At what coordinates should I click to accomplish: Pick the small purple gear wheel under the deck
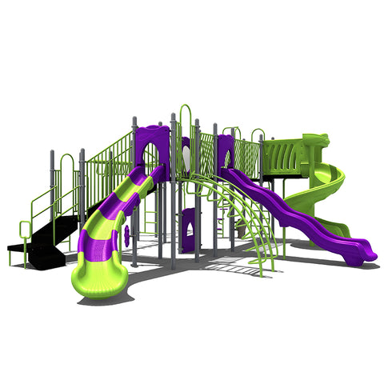[126, 235]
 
